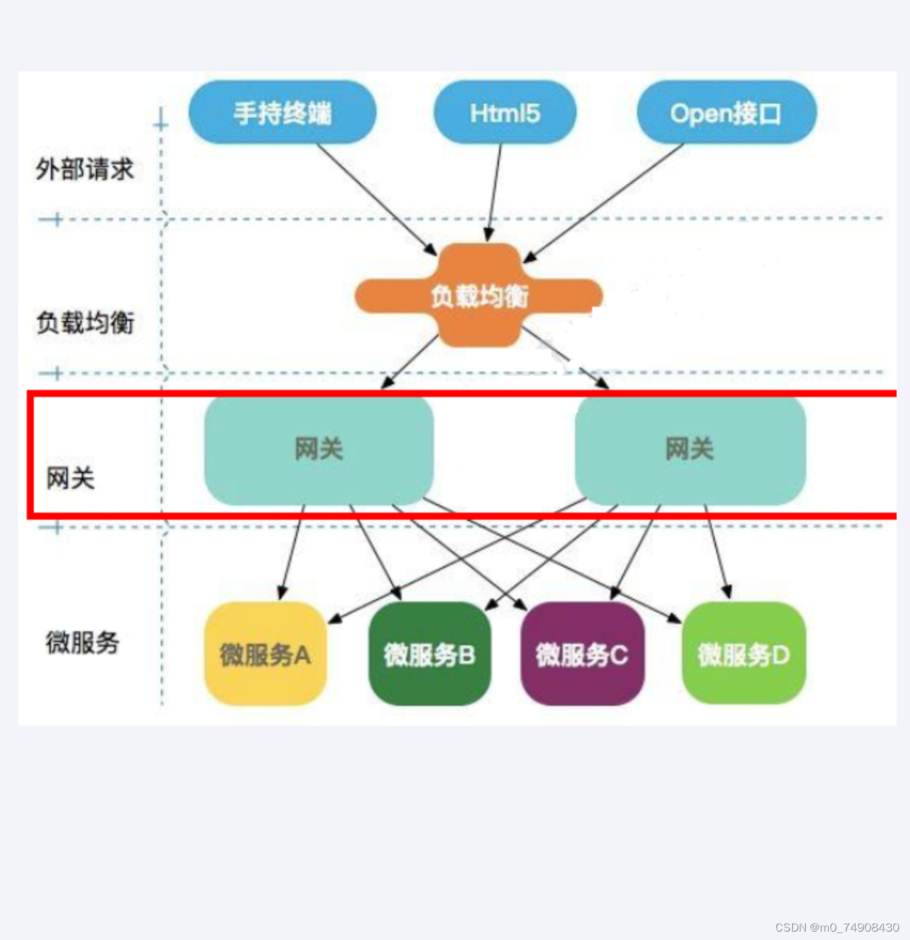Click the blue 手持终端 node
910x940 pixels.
(x=282, y=113)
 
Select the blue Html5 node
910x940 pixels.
(x=505, y=113)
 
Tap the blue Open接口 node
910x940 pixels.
(x=726, y=113)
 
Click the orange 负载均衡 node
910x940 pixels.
(x=479, y=295)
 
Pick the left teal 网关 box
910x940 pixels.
(x=319, y=449)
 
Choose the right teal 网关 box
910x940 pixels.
(x=690, y=449)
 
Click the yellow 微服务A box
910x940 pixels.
(x=265, y=654)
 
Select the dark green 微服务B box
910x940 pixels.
(x=429, y=654)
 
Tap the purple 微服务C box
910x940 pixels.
(x=582, y=654)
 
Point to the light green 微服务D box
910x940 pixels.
(x=744, y=654)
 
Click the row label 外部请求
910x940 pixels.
(x=85, y=169)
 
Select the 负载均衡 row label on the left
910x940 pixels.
(x=85, y=322)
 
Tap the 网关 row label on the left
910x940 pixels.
(x=70, y=478)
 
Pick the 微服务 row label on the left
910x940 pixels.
(x=82, y=642)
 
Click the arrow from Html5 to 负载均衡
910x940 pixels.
(x=495, y=190)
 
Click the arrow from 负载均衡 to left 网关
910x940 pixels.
(x=410, y=361)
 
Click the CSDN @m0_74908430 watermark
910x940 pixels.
(x=837, y=927)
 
